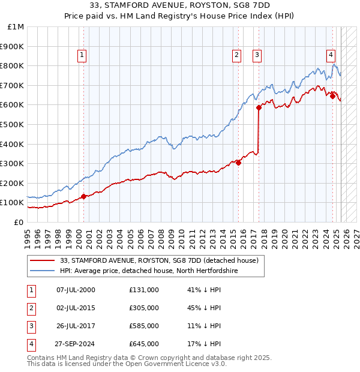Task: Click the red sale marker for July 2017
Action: click(259, 108)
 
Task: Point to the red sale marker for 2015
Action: click(238, 162)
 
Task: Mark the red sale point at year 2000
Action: click(83, 196)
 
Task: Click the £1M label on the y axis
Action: click(16, 27)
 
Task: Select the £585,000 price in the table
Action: click(144, 326)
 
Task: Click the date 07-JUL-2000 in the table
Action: click(76, 290)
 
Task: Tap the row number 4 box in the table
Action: click(31, 344)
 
